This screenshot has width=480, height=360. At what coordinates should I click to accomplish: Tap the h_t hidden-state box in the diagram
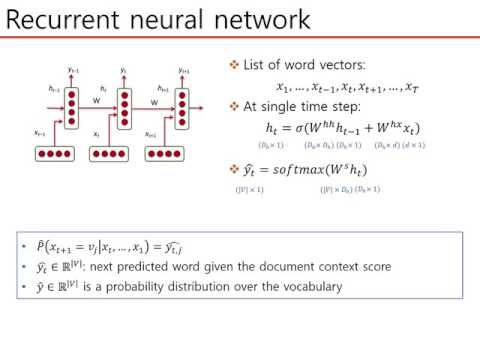coord(125,101)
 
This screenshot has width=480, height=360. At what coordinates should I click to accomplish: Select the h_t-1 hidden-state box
coord(69,101)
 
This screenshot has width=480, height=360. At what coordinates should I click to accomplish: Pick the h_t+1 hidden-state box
coord(181,101)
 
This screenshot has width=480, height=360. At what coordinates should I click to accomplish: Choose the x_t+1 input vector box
coord(163,154)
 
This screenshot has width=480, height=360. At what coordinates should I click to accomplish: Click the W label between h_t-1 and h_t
coord(97,99)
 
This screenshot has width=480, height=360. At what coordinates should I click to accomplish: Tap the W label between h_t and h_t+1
coord(153,99)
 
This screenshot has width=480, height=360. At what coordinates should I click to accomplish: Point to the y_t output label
coord(123,71)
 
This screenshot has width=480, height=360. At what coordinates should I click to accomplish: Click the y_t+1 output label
coord(183,71)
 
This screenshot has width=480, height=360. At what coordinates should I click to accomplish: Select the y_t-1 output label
coord(72,71)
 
